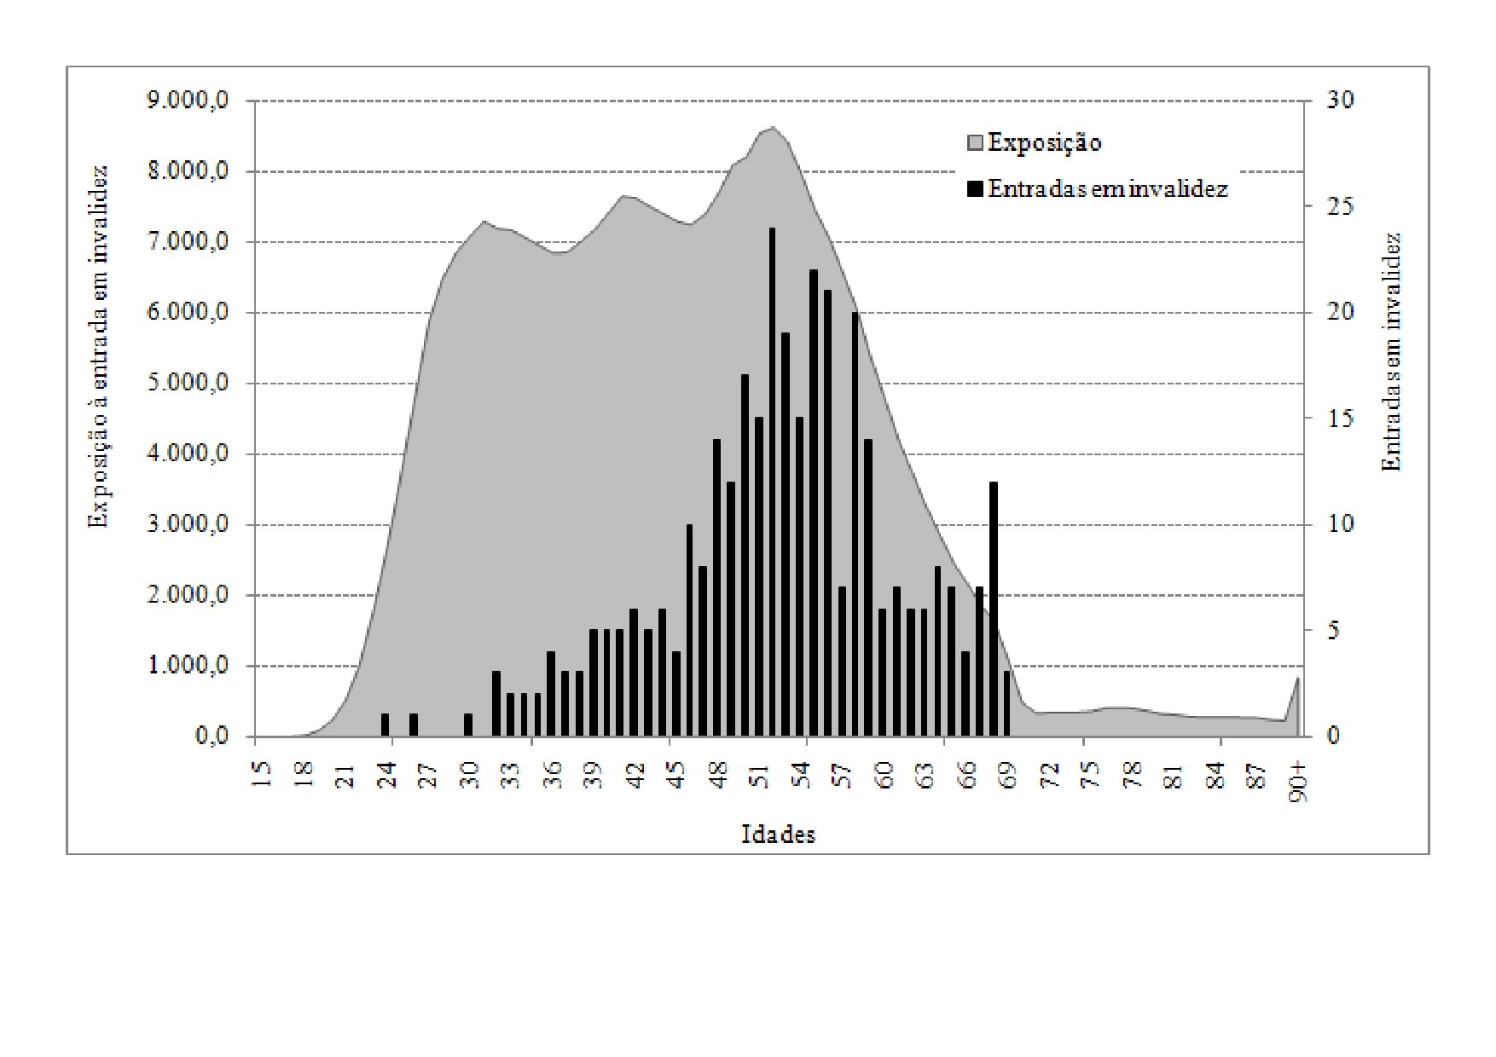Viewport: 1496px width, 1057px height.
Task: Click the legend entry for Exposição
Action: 1044,142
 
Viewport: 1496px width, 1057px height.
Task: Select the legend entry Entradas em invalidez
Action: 1107,188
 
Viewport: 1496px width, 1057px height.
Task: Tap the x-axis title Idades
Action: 778,835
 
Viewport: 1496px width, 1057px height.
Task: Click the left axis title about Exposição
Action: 100,346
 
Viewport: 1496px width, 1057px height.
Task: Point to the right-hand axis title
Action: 1392,352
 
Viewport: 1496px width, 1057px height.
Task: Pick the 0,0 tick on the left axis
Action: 212,736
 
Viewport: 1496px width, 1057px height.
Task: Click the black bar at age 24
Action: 385,725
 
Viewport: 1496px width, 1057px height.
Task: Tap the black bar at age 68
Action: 993,609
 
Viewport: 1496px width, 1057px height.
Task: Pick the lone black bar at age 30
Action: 468,725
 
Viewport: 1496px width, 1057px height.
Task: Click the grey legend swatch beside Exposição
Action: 975,143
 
